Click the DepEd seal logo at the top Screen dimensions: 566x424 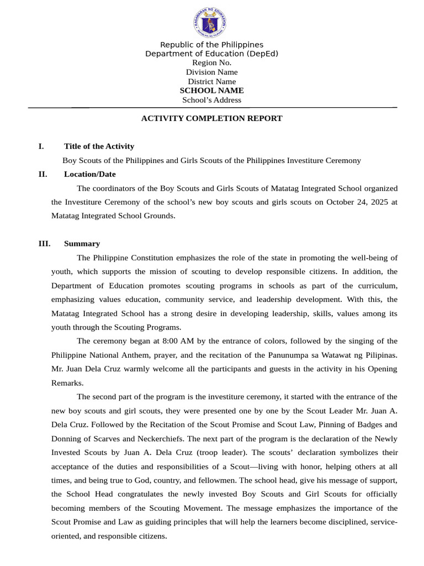coord(210,23)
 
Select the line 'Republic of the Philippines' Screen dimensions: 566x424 coord(211,45)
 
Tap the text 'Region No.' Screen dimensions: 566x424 coord(211,63)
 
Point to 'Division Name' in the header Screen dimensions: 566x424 coord(211,72)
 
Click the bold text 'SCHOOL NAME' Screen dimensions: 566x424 coord(211,91)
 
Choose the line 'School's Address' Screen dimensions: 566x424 coord(211,100)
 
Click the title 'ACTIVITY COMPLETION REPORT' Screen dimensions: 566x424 coord(211,118)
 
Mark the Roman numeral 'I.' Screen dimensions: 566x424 coord(41,146)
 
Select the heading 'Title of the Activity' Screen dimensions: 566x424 coord(99,146)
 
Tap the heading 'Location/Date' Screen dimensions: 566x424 coord(89,174)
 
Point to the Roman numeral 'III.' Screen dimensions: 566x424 coord(44,244)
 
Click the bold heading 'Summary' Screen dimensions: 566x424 coord(82,244)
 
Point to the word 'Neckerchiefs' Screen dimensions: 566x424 coord(156,439)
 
